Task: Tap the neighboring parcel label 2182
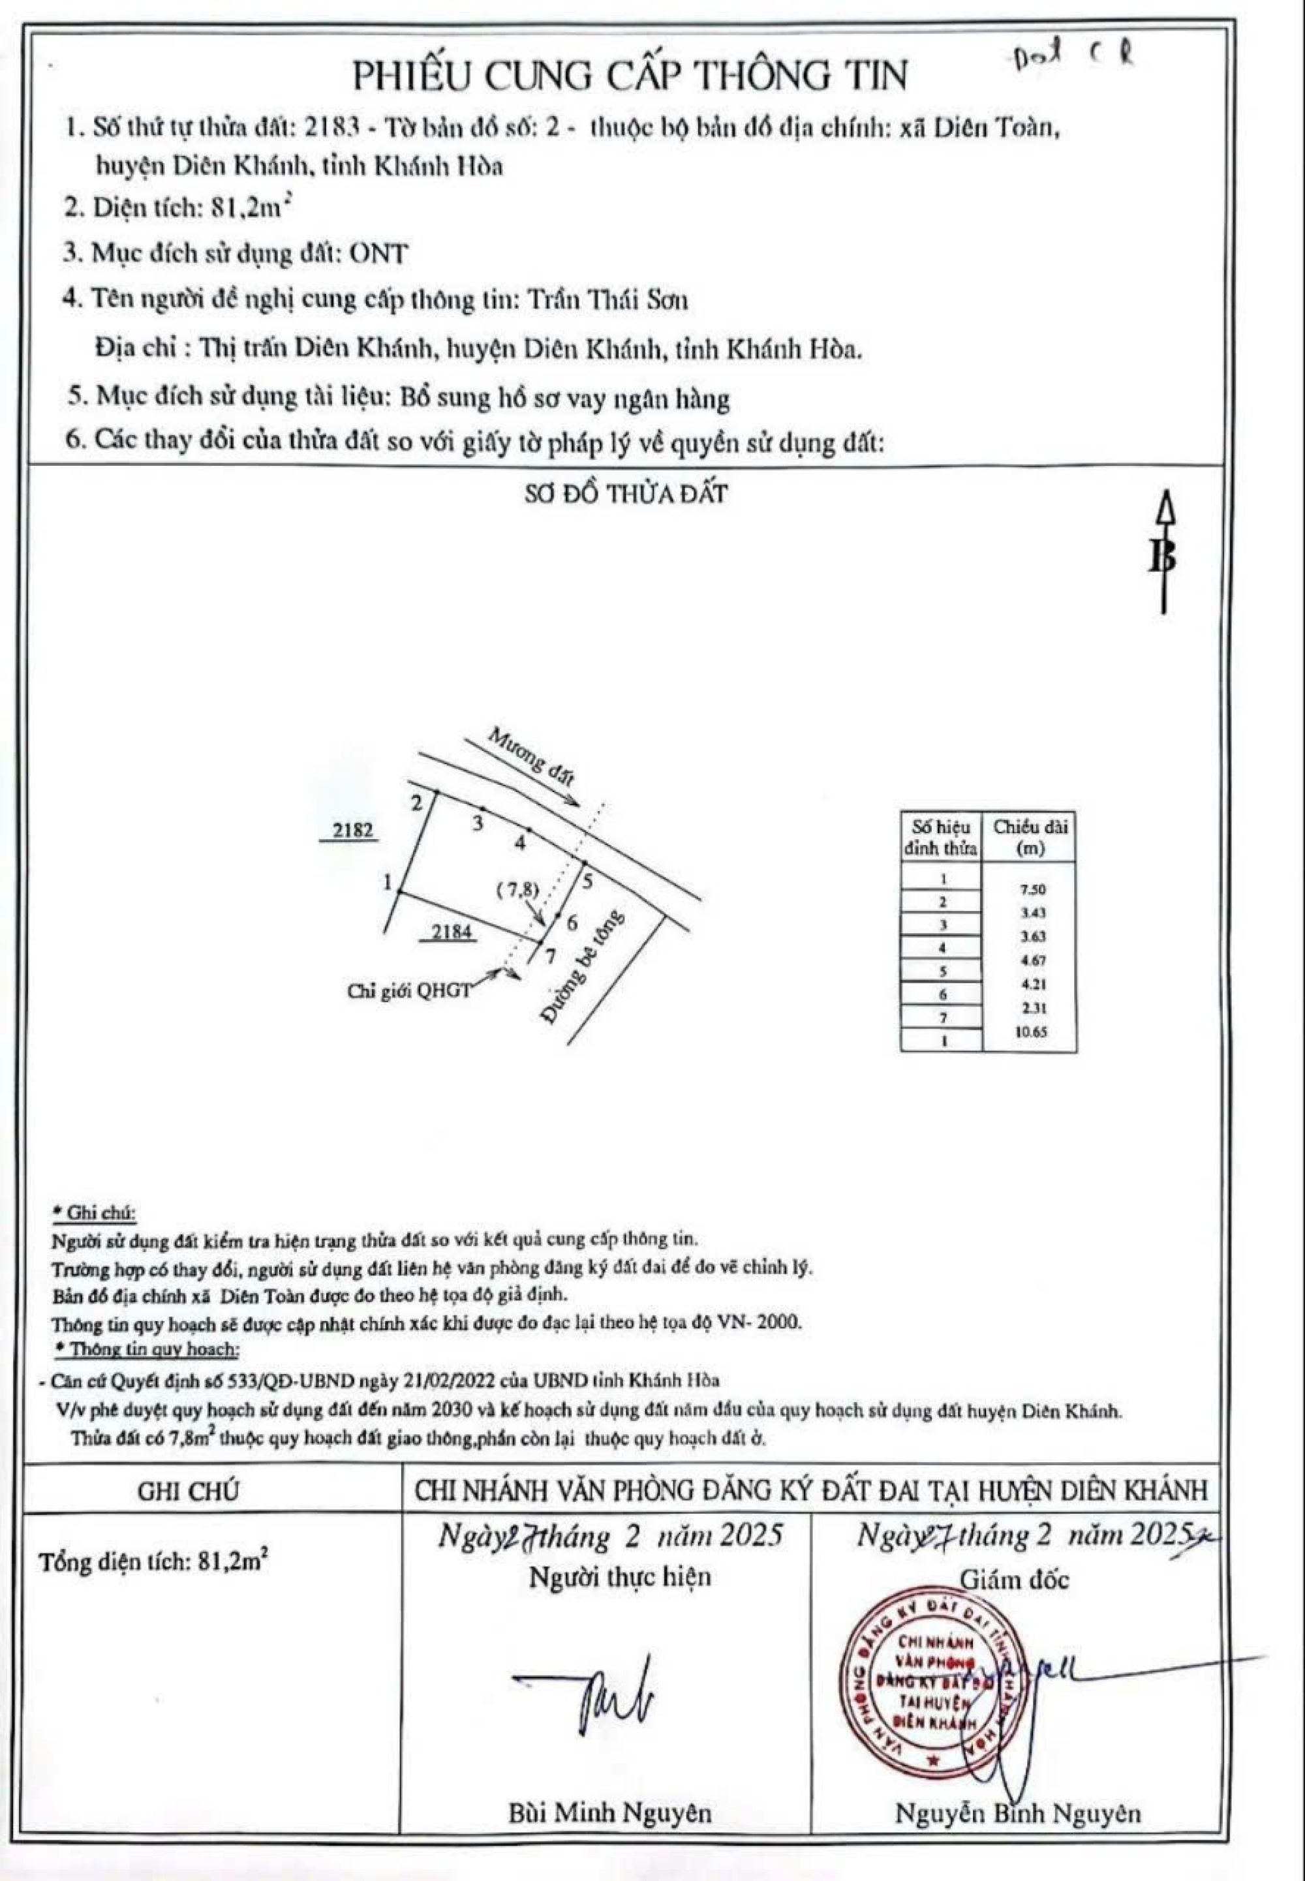click(x=352, y=831)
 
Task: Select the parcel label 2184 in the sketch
click(x=452, y=931)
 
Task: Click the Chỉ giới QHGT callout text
click(x=409, y=991)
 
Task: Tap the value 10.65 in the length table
click(x=1030, y=1032)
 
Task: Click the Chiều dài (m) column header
click(x=1030, y=837)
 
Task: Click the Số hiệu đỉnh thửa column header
click(x=940, y=837)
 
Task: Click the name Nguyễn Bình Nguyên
click(x=1017, y=1813)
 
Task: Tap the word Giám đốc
click(x=1014, y=1580)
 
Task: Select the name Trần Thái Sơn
click(x=607, y=301)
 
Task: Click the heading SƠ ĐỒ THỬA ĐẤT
click(x=626, y=494)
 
